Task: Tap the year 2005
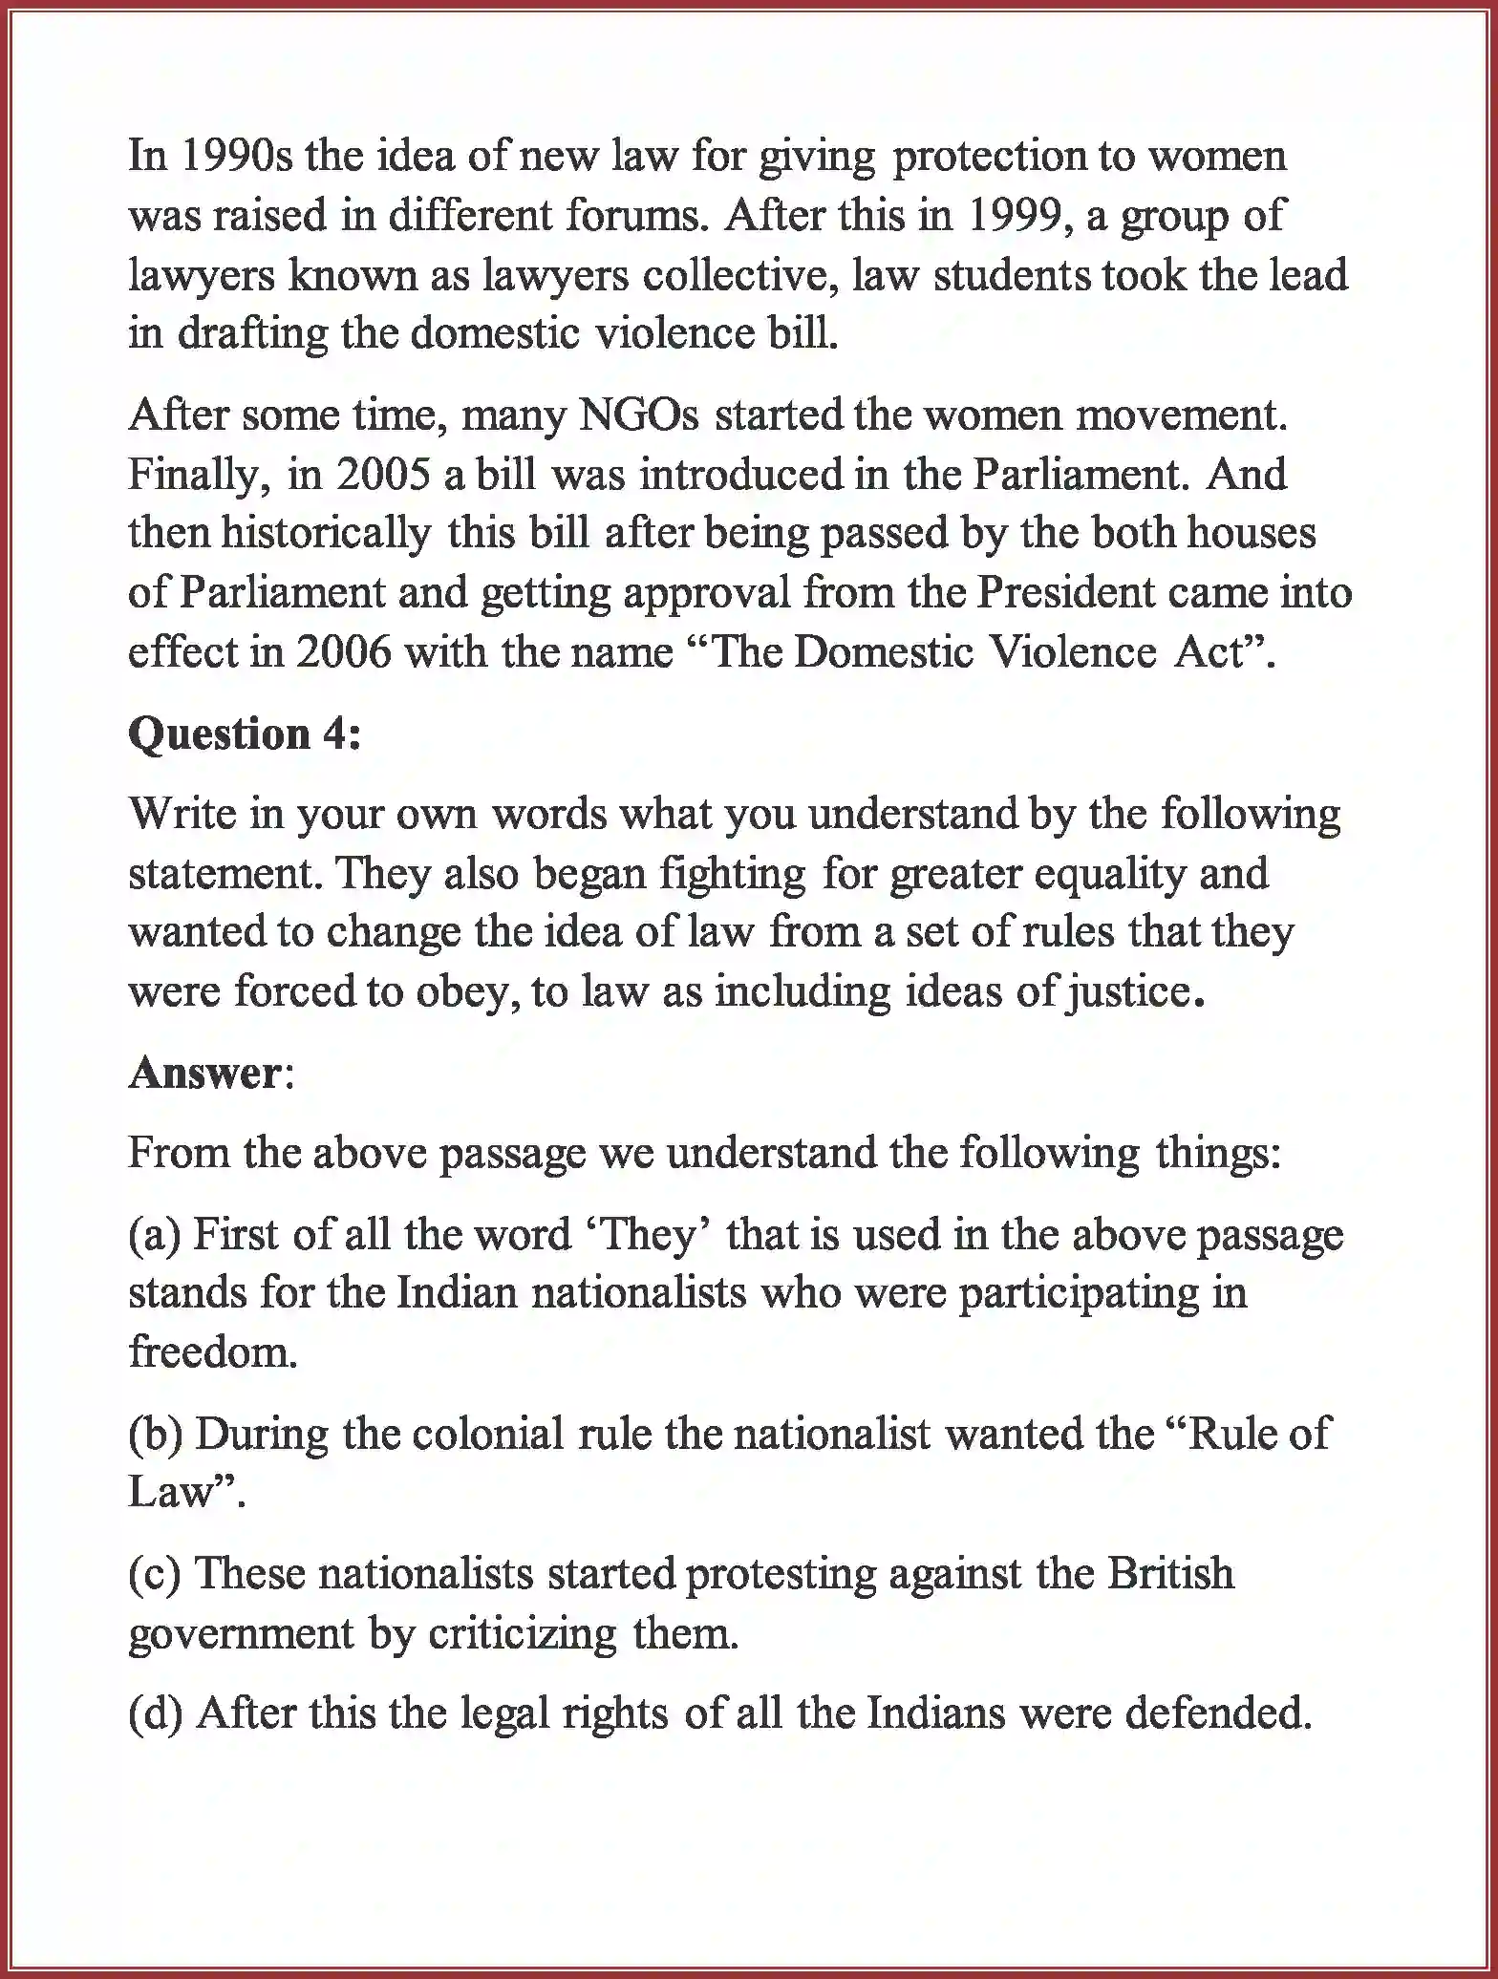(382, 475)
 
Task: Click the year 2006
(344, 652)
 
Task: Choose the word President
(1065, 593)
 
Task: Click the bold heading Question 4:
(246, 734)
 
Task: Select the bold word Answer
(203, 1073)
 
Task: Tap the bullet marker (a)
(155, 1234)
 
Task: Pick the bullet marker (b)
(156, 1433)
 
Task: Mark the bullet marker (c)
(155, 1573)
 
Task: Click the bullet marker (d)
(156, 1713)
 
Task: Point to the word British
(1170, 1573)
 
